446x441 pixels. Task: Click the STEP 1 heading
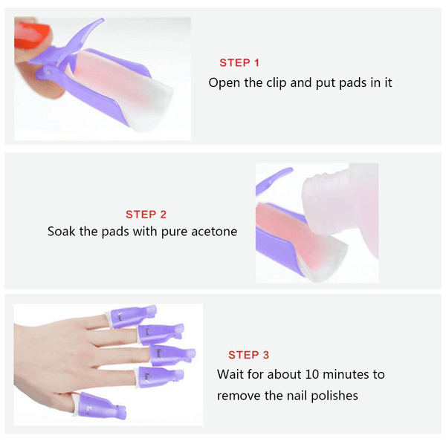pyautogui.click(x=239, y=62)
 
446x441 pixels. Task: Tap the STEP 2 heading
pyautogui.click(x=146, y=215)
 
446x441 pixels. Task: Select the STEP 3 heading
pyautogui.click(x=248, y=355)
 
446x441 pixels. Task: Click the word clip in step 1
pyautogui.click(x=277, y=83)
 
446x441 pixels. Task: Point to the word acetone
pyautogui.click(x=214, y=232)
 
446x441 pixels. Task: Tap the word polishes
pyautogui.click(x=334, y=396)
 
